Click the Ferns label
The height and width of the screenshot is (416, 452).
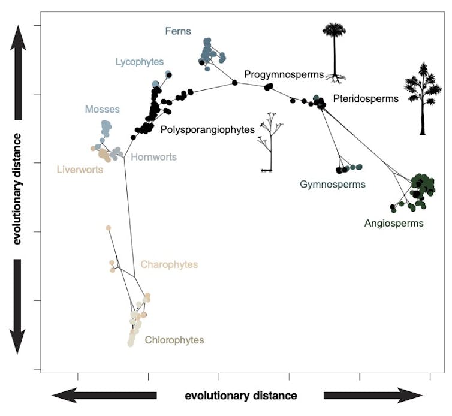(178, 31)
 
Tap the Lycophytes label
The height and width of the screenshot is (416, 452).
(140, 62)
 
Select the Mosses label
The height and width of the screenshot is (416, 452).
(102, 109)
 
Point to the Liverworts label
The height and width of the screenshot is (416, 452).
(80, 169)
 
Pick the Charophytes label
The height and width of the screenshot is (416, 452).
(169, 264)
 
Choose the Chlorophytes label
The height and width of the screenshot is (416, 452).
(174, 340)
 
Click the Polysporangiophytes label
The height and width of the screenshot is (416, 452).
(207, 129)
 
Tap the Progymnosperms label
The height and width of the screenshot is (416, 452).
(284, 74)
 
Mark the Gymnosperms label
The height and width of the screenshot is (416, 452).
(333, 185)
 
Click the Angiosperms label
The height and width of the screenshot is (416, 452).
(394, 223)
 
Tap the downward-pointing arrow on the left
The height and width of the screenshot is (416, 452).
(17, 306)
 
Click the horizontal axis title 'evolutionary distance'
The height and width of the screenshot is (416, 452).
(240, 396)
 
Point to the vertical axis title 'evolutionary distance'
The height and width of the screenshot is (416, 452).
(17, 189)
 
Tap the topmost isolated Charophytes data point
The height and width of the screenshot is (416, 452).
(109, 228)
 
